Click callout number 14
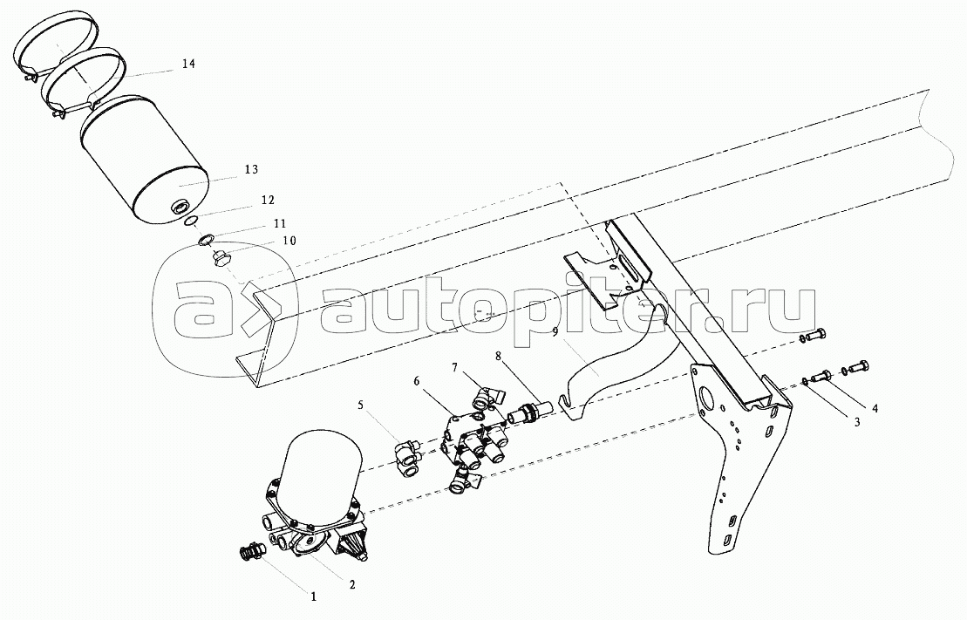[188, 64]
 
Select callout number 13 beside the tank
[251, 169]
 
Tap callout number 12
[267, 200]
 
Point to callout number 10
[289, 241]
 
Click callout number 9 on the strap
[555, 332]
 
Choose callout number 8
[498, 356]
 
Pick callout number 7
[454, 368]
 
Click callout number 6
[416, 381]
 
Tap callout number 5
[361, 405]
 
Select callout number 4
[875, 408]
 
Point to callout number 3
[857, 423]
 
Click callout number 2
[352, 584]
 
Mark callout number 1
[313, 596]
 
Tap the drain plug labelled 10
[221, 258]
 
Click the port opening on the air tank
[183, 206]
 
